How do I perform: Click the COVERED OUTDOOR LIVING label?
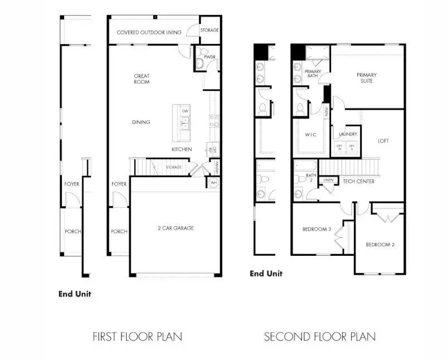(149, 32)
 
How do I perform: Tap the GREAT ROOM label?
(142, 79)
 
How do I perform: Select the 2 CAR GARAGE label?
(175, 227)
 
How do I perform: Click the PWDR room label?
(210, 57)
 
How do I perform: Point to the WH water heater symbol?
(213, 183)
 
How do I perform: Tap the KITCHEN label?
(182, 149)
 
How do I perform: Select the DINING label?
(141, 122)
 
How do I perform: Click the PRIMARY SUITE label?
(367, 78)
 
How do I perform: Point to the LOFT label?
(383, 141)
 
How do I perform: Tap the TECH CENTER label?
(358, 181)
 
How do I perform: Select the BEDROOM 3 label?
(316, 229)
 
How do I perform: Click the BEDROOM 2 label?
(380, 245)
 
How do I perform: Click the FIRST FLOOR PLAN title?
(137, 337)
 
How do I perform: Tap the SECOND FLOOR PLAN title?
(319, 337)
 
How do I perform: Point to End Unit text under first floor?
(75, 294)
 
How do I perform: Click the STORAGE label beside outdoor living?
(210, 30)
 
